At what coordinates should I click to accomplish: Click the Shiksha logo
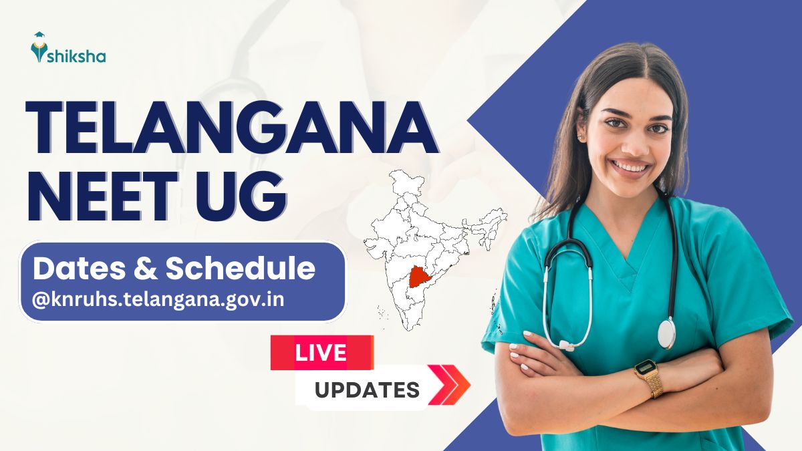pos(68,47)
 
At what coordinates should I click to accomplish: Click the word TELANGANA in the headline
pos(232,128)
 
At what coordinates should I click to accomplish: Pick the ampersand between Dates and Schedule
pos(146,269)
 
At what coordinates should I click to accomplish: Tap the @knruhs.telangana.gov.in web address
pos(158,300)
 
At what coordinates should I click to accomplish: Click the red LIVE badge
pos(322,353)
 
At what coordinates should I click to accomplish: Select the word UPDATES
pos(367,390)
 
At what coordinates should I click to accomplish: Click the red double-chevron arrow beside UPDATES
pos(450,385)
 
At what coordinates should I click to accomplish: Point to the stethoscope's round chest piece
pos(666,333)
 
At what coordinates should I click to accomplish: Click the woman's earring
pos(579,137)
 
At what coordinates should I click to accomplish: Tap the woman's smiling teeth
pos(630,166)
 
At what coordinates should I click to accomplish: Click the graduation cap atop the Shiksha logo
pos(39,35)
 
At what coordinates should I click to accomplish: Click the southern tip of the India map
pos(410,330)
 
